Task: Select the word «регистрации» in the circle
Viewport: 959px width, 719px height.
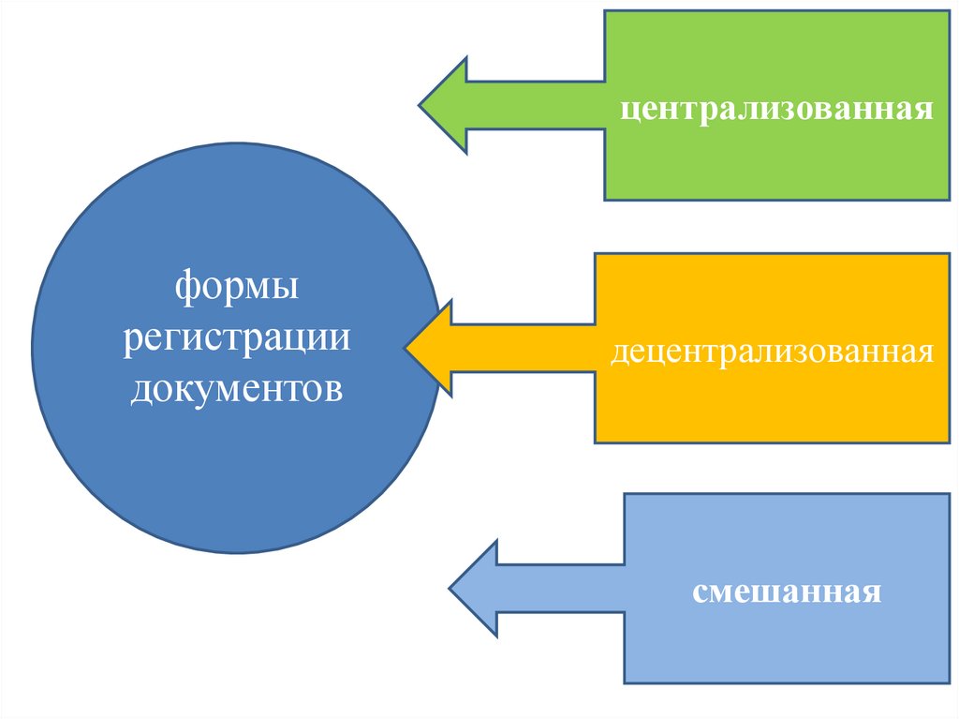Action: pyautogui.click(x=236, y=337)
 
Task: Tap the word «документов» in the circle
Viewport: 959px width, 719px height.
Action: pyautogui.click(x=236, y=387)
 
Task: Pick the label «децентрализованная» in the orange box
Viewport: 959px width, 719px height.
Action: pyautogui.click(x=774, y=352)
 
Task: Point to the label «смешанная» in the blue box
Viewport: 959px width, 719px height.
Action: pyautogui.click(x=787, y=592)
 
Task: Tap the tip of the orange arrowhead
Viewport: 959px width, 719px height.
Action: pyautogui.click(x=406, y=348)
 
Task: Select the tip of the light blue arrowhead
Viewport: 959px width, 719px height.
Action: pyautogui.click(x=451, y=589)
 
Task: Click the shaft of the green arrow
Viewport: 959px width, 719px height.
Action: pyautogui.click(x=534, y=105)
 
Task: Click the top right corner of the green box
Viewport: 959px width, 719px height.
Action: pyautogui.click(x=950, y=11)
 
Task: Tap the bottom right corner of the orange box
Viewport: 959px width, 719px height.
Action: pyautogui.click(x=950, y=442)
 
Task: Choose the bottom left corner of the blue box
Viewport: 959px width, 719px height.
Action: pyautogui.click(x=625, y=682)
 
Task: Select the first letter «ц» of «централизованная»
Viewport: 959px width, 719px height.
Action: pyautogui.click(x=626, y=110)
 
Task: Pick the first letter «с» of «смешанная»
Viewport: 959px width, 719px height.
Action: pyautogui.click(x=699, y=593)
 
